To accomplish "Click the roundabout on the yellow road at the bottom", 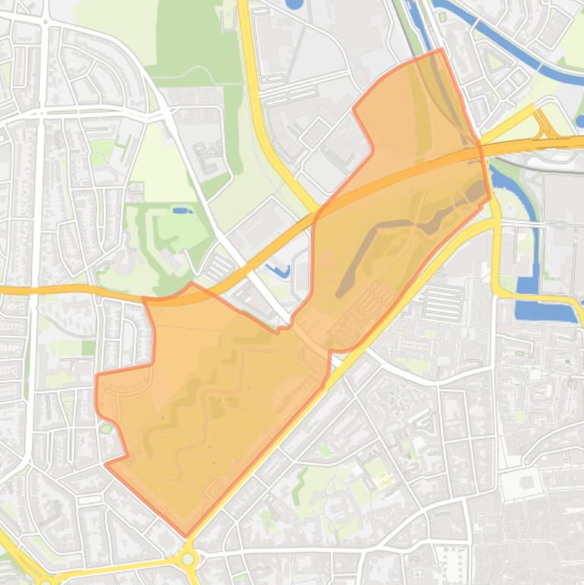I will click(x=188, y=560).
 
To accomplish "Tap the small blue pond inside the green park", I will click(x=182, y=210).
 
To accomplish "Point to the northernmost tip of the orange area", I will click(x=441, y=50).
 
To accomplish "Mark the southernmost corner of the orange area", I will click(x=186, y=535).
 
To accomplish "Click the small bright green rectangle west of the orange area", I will click(x=89, y=347).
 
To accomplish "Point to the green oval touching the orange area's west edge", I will click(x=106, y=428).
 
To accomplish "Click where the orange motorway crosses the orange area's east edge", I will click(x=483, y=152).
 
